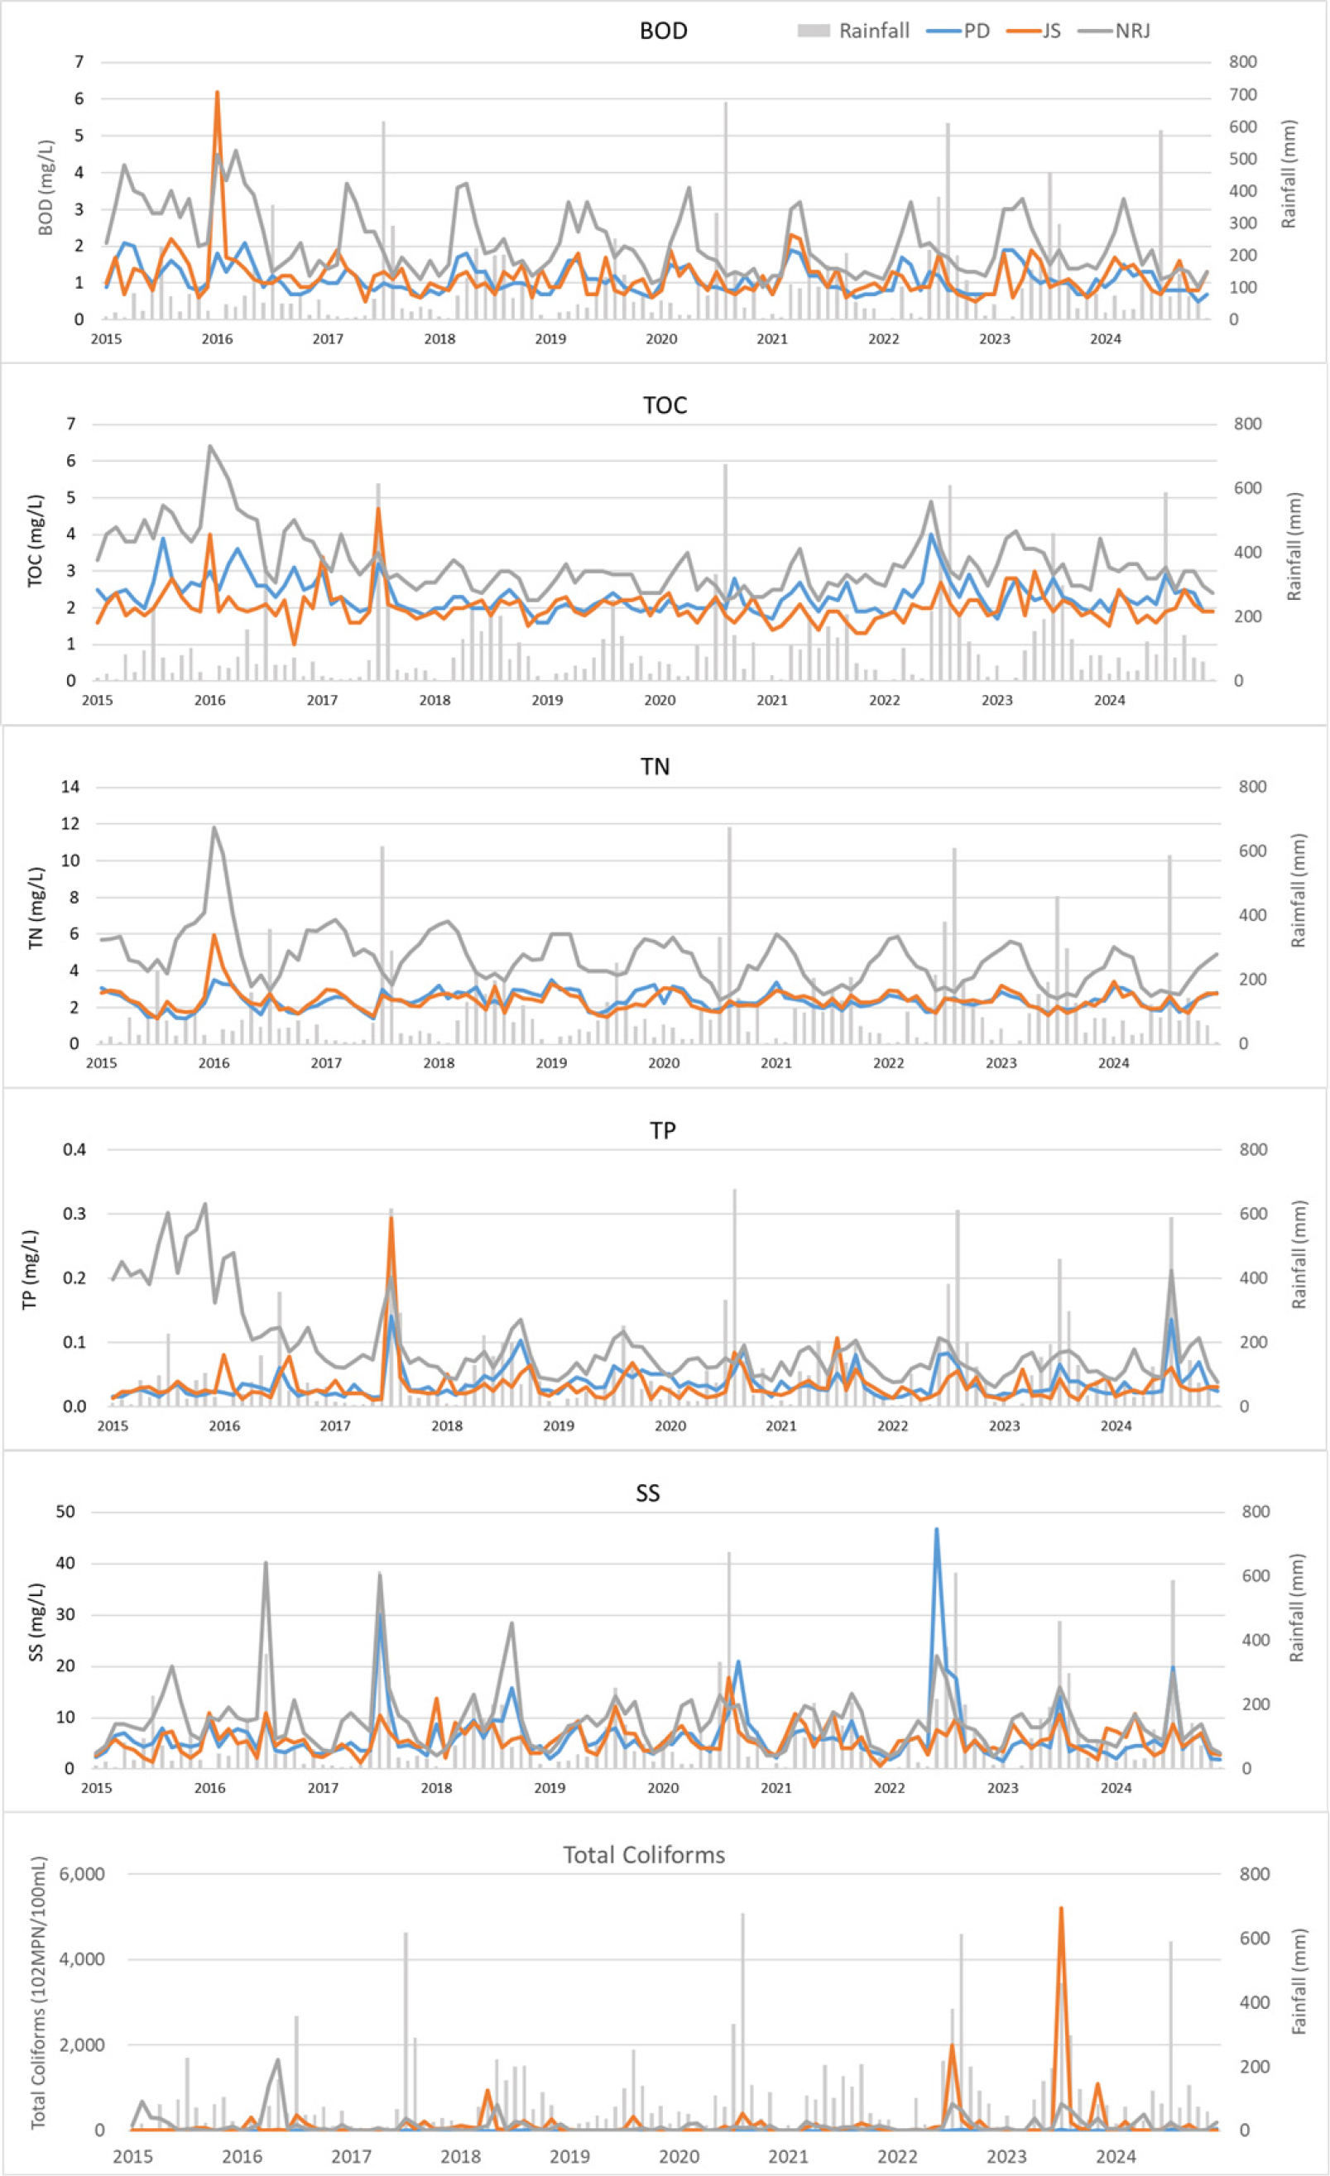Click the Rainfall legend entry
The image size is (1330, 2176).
pyautogui.click(x=853, y=31)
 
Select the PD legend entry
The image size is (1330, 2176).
pyautogui.click(x=959, y=31)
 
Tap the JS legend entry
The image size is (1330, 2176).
pyautogui.click(x=1040, y=31)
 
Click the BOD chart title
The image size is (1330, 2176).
pyautogui.click(x=663, y=31)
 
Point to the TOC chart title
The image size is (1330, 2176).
pyautogui.click(x=664, y=405)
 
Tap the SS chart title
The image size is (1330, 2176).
pyautogui.click(x=647, y=1493)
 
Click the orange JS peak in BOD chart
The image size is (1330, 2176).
pyautogui.click(x=216, y=93)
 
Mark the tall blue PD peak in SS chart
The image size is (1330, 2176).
pyautogui.click(x=936, y=1530)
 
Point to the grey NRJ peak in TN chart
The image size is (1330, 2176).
pyautogui.click(x=214, y=827)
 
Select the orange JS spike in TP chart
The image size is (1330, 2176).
pyautogui.click(x=391, y=1219)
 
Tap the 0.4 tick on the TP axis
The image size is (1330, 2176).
pyautogui.click(x=74, y=1150)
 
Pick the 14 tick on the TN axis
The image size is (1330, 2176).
pyautogui.click(x=70, y=787)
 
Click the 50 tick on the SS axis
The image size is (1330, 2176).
pyautogui.click(x=65, y=1512)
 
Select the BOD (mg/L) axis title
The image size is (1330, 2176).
pyautogui.click(x=46, y=188)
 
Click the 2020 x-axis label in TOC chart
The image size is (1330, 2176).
pyautogui.click(x=659, y=700)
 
